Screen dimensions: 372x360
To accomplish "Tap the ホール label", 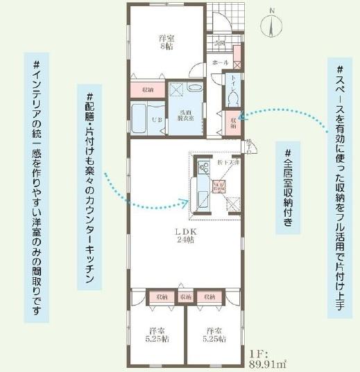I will (221, 63).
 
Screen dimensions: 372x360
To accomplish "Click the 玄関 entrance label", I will (221, 43).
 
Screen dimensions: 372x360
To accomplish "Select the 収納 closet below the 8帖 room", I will (148, 90).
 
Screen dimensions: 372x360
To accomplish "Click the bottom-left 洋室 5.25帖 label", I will (155, 334).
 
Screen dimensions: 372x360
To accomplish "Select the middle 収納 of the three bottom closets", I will (185, 296).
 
